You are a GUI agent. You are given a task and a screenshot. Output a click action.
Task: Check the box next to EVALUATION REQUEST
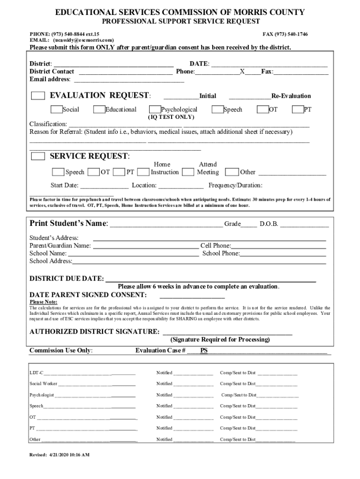(38, 96)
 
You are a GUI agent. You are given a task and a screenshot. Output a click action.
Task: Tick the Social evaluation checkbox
(57, 110)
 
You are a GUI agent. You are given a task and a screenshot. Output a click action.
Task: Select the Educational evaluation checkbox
(99, 110)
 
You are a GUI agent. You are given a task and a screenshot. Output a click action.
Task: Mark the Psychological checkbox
(155, 110)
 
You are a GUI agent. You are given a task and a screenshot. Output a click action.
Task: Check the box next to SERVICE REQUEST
(38, 156)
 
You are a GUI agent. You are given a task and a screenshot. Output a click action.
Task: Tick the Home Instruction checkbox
(144, 172)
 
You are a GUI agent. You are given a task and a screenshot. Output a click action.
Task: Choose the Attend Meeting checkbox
(188, 172)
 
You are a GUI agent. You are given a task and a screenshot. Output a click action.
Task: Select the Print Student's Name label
(69, 224)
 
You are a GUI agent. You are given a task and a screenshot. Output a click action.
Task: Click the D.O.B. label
(269, 224)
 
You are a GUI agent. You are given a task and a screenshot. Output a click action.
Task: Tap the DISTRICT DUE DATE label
(66, 279)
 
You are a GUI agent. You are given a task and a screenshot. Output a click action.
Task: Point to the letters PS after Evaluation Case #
(204, 350)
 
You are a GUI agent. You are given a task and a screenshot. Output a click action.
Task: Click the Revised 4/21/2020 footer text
(59, 455)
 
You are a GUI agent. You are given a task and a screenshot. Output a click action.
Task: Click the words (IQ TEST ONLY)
(171, 117)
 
